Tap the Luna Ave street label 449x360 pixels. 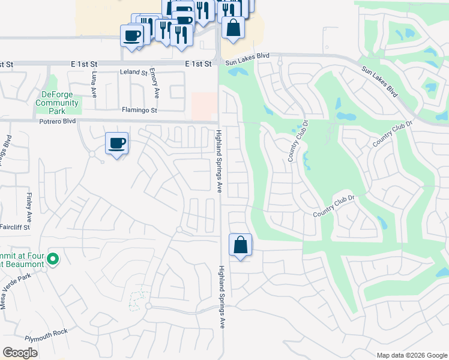coord(94,85)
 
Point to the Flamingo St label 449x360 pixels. coord(139,110)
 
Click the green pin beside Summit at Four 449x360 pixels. coord(53,259)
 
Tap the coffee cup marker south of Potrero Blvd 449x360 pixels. coord(117,144)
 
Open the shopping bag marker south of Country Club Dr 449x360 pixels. coord(240,245)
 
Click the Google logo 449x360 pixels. coord(20,352)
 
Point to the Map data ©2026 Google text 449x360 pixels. coord(411,355)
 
